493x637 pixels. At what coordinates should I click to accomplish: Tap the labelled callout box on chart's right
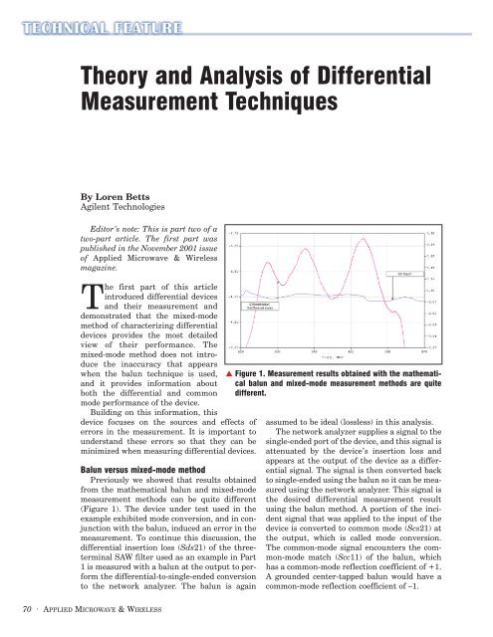[406, 270]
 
